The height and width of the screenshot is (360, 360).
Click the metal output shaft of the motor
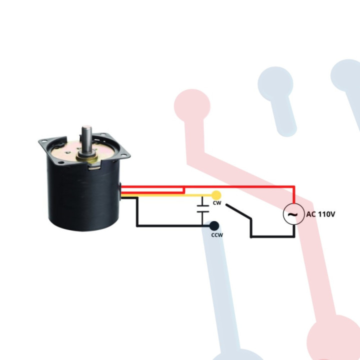click(86, 140)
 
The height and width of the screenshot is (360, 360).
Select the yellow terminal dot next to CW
click(216, 194)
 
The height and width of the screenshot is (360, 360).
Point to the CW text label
click(217, 203)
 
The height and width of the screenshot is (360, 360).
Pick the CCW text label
click(216, 235)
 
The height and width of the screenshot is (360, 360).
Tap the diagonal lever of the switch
click(238, 211)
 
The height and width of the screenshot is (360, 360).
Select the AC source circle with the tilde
click(292, 214)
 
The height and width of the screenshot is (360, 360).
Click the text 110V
click(325, 214)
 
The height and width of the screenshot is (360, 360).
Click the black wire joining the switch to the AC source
click(272, 235)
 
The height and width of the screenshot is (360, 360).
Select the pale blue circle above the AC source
click(275, 82)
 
